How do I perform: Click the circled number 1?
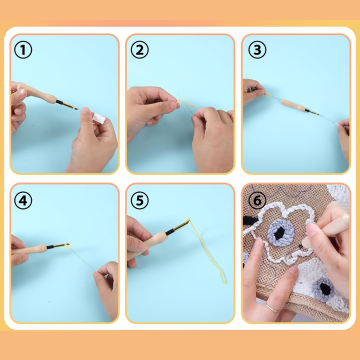[x=23, y=50]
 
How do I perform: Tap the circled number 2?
[x=139, y=50]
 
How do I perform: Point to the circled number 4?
[x=23, y=200]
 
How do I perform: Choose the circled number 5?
[x=139, y=200]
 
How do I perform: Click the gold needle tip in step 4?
[x=61, y=245]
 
